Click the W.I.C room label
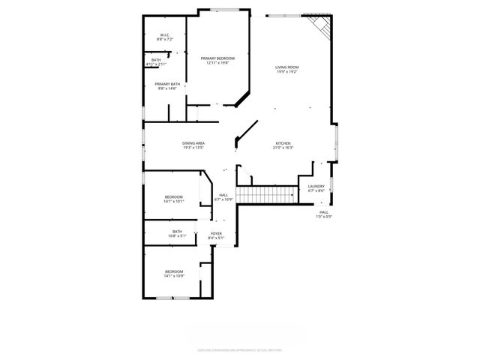pyautogui.click(x=163, y=34)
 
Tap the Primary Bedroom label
pyautogui.click(x=217, y=58)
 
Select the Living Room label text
pyautogui.click(x=286, y=67)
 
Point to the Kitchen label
pyautogui.click(x=283, y=143)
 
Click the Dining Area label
pyautogui.click(x=193, y=143)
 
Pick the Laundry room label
pyautogui.click(x=316, y=186)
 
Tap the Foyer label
pyautogui.click(x=216, y=234)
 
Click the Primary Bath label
pyautogui.click(x=167, y=84)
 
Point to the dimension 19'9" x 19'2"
pyautogui.click(x=286, y=72)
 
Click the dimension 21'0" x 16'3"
pyautogui.click(x=283, y=148)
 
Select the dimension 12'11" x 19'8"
pyautogui.click(x=217, y=62)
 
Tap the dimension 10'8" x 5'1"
pyautogui.click(x=177, y=236)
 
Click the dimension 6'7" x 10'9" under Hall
pyautogui.click(x=223, y=199)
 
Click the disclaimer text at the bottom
pyautogui.click(x=240, y=349)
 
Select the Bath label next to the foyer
pyautogui.click(x=177, y=232)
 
